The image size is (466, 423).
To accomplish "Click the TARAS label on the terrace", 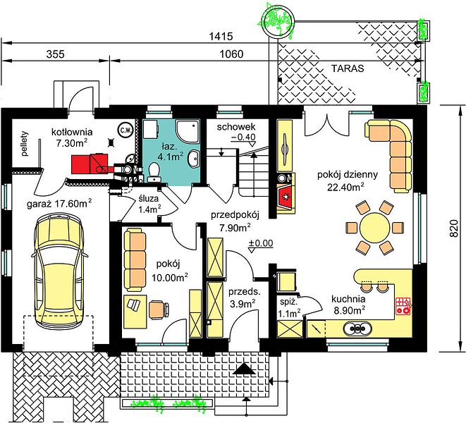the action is [348, 68].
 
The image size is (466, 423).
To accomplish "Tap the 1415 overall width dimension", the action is [221, 37].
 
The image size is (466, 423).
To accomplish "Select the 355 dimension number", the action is [55, 54].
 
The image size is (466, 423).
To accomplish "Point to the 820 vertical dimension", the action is [453, 228].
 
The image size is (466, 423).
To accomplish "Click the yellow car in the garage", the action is [59, 271].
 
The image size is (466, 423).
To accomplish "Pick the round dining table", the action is [374, 228].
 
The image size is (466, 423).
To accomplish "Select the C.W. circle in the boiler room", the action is [125, 130].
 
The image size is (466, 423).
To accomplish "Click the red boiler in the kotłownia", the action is [92, 163].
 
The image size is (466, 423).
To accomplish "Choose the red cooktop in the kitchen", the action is [403, 306].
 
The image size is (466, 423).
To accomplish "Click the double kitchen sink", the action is [358, 328].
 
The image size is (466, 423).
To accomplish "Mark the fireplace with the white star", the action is [286, 197].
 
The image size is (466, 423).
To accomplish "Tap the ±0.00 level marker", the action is [261, 243].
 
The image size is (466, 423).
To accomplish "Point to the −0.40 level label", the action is [243, 137].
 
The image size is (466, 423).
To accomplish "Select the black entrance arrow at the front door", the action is [245, 369].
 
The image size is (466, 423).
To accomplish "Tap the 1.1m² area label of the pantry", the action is [289, 313].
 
